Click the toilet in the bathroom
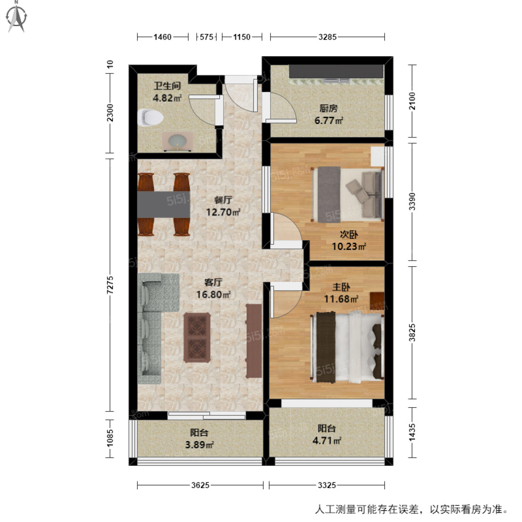[x=150, y=117]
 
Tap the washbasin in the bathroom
[x=177, y=142]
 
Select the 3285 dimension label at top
[x=327, y=37]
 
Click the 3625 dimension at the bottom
[x=200, y=485]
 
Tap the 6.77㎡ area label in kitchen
[x=328, y=121]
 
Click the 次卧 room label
[x=348, y=235]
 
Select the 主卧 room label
[x=341, y=287]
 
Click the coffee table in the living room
[x=197, y=337]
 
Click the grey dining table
[x=164, y=204]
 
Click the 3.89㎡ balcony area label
[x=199, y=445]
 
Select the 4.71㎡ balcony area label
[x=326, y=441]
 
